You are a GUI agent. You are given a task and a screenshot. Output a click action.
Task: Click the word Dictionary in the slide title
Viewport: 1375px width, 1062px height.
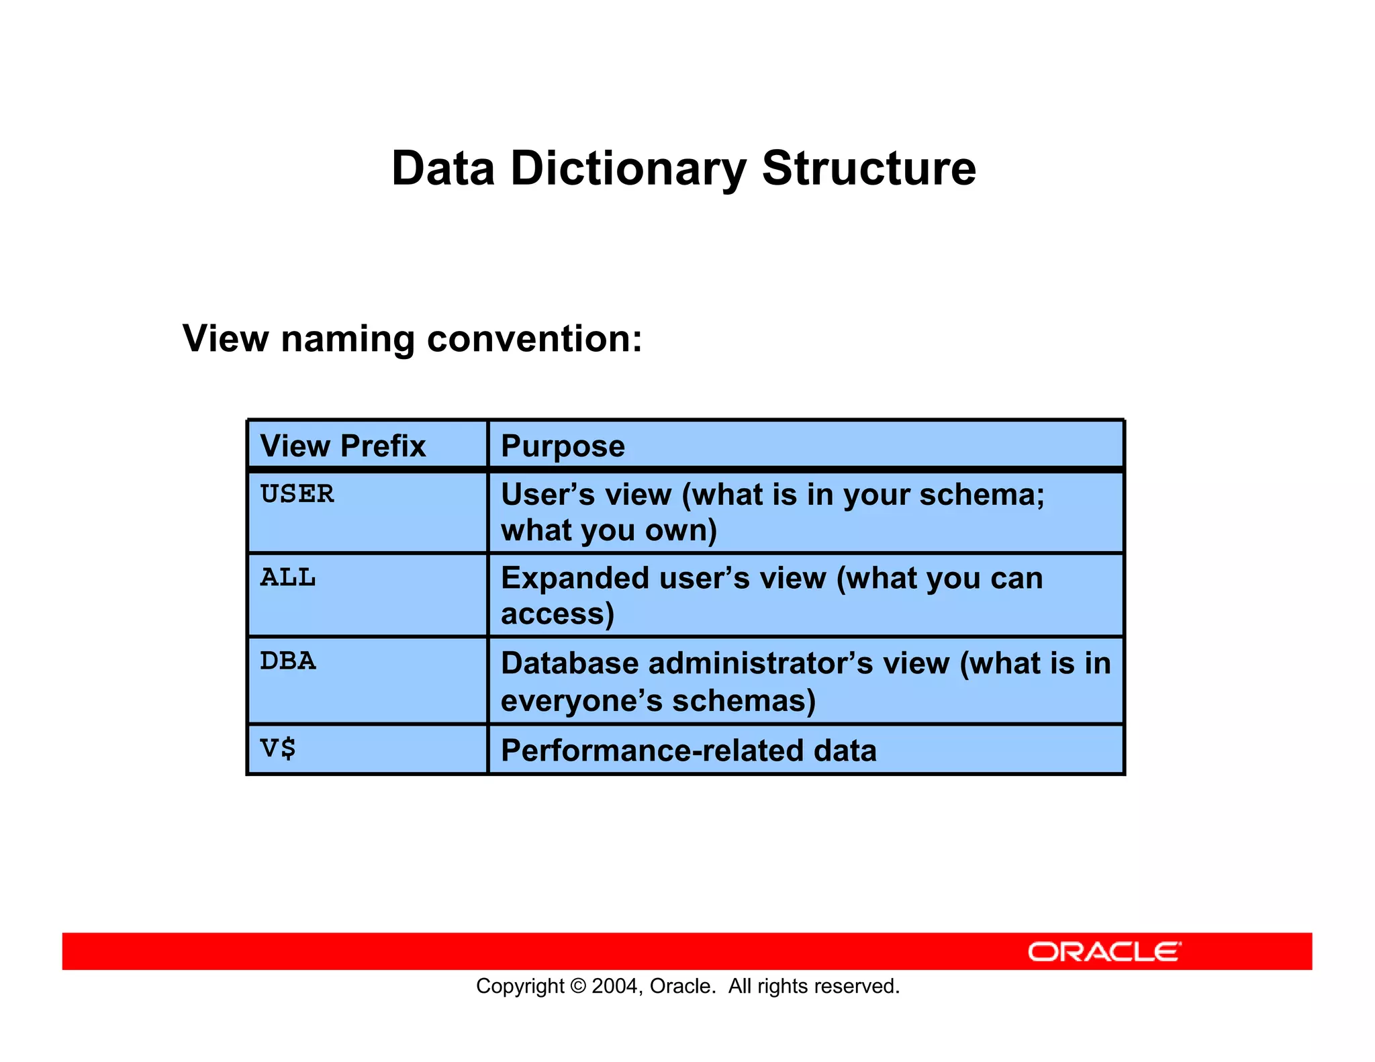point(628,168)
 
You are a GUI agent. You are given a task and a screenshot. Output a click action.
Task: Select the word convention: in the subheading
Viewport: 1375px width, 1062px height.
point(534,338)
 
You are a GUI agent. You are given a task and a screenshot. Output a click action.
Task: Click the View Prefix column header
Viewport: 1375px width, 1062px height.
point(343,446)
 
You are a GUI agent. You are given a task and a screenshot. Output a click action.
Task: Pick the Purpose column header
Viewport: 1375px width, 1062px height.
point(563,446)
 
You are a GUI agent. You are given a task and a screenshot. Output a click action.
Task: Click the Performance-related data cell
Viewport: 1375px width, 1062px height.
point(689,751)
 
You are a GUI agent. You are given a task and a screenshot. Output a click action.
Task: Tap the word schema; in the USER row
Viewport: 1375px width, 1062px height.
point(982,495)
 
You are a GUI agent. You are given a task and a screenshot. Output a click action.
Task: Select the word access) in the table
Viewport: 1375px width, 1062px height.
point(557,614)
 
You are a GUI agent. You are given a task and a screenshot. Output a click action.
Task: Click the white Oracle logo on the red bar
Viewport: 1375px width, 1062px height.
point(1104,952)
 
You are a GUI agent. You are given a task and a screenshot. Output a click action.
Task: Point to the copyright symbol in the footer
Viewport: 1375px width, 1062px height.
point(577,986)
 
